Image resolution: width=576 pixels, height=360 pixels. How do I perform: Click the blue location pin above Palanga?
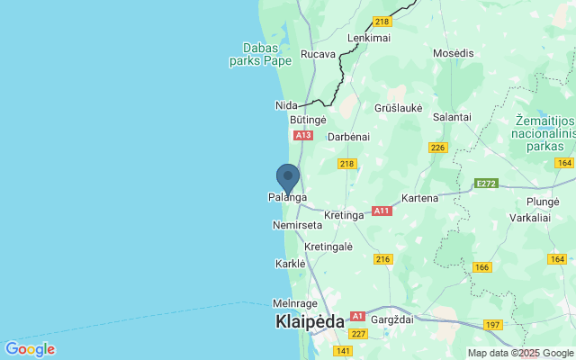287,176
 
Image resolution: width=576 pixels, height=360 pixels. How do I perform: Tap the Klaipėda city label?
309,321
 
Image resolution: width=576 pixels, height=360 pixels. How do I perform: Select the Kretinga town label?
344,215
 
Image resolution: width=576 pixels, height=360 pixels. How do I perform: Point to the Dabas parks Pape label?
262,55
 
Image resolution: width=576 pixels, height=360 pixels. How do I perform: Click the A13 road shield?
302,135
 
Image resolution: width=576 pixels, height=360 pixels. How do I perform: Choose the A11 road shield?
382,211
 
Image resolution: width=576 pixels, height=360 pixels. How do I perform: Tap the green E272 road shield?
487,183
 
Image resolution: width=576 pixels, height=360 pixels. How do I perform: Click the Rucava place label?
318,54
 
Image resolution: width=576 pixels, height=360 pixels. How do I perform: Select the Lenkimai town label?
368,38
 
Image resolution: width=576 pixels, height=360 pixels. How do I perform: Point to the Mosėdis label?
453,54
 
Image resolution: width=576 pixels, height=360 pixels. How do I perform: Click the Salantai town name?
452,117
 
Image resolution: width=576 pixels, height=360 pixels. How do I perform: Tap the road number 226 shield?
438,148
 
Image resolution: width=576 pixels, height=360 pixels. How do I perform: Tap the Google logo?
30,349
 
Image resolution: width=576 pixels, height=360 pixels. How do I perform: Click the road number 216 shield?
383,258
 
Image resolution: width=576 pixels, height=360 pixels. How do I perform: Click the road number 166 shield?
482,266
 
